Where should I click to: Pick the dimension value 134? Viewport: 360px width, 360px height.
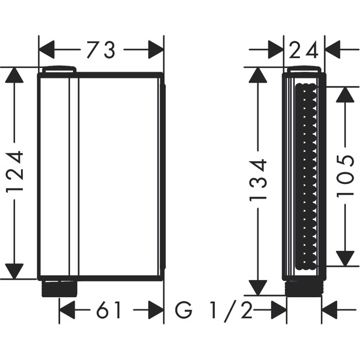[258, 179]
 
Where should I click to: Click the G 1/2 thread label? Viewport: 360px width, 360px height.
[214, 310]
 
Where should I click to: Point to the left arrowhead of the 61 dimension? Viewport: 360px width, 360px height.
[67, 310]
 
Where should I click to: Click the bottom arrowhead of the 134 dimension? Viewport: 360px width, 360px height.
[258, 287]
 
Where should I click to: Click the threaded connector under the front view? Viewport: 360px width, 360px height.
[59, 288]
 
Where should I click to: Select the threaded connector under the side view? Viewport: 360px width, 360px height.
[304, 288]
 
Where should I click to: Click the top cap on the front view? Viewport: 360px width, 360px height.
[59, 69]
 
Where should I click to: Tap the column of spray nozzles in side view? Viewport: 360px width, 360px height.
[306, 176]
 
